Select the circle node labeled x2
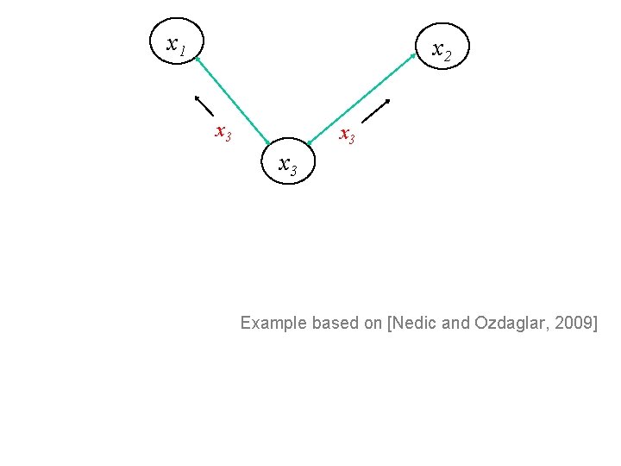pos(442,51)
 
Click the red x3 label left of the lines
pos(223,133)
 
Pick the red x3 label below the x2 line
pos(347,135)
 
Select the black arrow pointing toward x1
pos(204,104)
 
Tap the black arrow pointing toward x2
pos(375,114)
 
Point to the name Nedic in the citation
pos(418,324)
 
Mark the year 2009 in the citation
pos(575,324)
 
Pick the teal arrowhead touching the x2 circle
pos(413,58)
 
